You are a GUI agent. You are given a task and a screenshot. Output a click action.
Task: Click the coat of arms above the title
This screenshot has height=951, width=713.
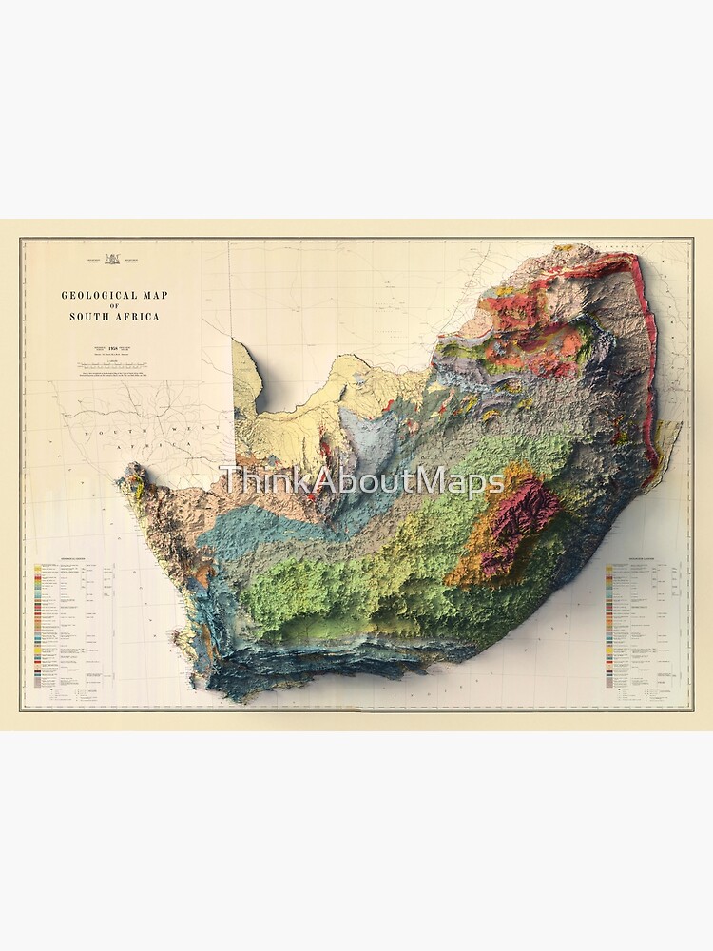click(x=113, y=258)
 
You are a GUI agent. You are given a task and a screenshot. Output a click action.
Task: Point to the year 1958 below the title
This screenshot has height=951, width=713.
click(x=115, y=349)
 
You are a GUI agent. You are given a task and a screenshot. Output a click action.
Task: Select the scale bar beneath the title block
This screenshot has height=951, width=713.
click(x=114, y=364)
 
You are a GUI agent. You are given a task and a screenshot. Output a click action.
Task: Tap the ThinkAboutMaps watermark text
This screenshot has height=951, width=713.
click(x=361, y=481)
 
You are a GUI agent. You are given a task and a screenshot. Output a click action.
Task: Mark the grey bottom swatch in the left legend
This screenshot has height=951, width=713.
click(x=38, y=682)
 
